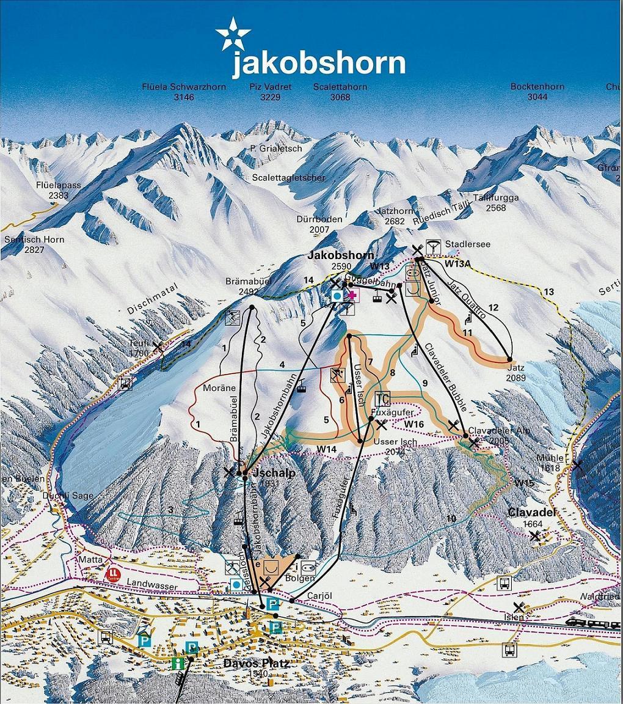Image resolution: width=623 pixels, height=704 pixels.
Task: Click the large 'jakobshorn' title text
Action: [x=318, y=63]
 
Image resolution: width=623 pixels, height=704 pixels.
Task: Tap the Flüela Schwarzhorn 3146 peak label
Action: [x=184, y=92]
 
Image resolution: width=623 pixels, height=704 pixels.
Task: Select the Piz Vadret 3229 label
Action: [x=270, y=92]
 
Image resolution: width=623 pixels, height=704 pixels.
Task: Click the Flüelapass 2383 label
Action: [x=53, y=190]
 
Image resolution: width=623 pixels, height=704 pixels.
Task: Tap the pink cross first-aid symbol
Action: [x=352, y=296]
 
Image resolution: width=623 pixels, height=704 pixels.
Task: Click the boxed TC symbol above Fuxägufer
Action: [x=383, y=399]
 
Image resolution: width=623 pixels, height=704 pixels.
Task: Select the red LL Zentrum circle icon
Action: [x=112, y=574]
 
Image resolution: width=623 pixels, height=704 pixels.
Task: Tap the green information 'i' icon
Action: [x=178, y=662]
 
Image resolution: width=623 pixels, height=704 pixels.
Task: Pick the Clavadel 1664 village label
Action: [x=532, y=518]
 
